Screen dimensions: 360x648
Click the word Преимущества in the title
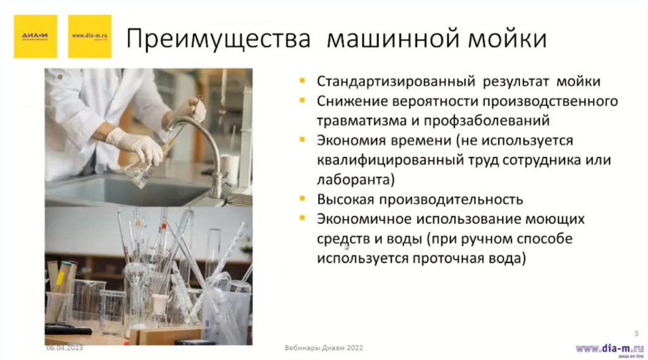[218, 39]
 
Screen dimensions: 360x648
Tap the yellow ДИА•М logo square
[35, 36]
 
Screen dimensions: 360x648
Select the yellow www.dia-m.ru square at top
[89, 36]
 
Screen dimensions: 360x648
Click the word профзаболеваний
[480, 120]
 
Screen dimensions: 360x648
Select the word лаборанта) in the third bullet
[356, 180]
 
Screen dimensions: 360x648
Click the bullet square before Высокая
[304, 199]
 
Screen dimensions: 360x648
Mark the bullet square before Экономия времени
[304, 140]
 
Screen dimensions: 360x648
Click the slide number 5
[636, 333]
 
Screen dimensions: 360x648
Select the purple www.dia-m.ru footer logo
[609, 349]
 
